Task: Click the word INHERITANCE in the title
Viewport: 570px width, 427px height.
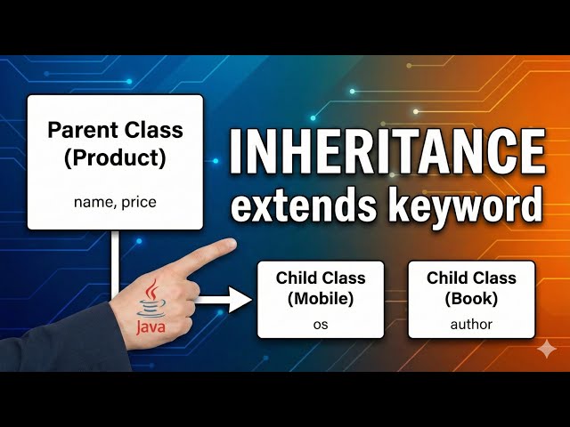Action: click(387, 153)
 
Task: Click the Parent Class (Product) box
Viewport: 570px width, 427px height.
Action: click(116, 162)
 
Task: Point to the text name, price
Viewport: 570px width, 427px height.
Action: click(115, 202)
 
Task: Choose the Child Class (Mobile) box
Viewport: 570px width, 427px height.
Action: click(321, 299)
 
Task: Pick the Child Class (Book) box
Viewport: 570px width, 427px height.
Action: click(471, 299)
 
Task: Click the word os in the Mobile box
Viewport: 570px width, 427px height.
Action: click(321, 324)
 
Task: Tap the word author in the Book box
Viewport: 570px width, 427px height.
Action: click(471, 324)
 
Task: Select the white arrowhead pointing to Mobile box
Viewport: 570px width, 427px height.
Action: click(240, 300)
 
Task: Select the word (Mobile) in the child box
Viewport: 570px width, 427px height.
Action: click(321, 299)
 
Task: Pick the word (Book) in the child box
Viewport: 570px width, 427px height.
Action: click(471, 299)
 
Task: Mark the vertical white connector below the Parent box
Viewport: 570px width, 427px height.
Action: click(114, 258)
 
